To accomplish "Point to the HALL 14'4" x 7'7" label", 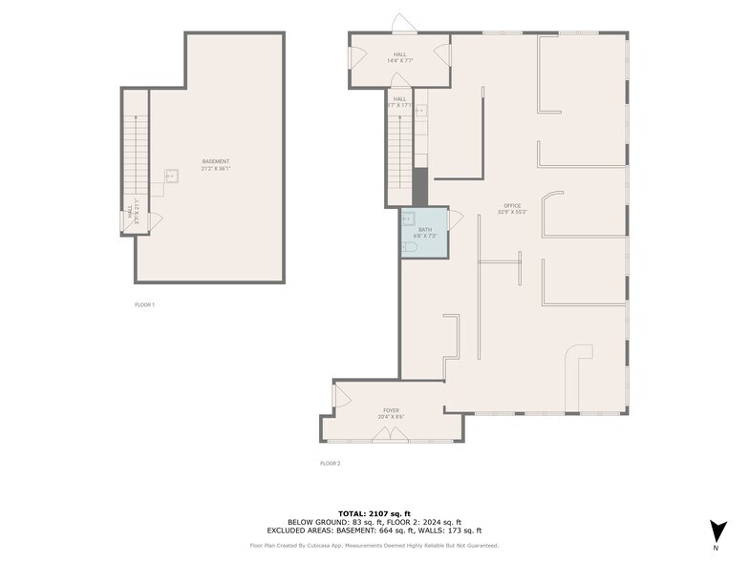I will click(x=400, y=57).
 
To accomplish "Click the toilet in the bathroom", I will click(x=410, y=247).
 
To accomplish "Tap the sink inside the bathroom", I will click(x=407, y=218).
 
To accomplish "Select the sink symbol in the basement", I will click(x=172, y=176).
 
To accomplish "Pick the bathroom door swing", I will click(x=455, y=218).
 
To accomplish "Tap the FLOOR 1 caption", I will click(x=144, y=304).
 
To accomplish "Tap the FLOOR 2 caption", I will click(x=330, y=463).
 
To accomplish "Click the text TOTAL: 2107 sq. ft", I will click(x=374, y=513).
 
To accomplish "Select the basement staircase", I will click(x=134, y=153).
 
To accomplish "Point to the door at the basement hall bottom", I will click(x=154, y=220).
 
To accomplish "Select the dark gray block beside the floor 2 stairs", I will click(x=419, y=184).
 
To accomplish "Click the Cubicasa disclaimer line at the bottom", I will click(x=374, y=546).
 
